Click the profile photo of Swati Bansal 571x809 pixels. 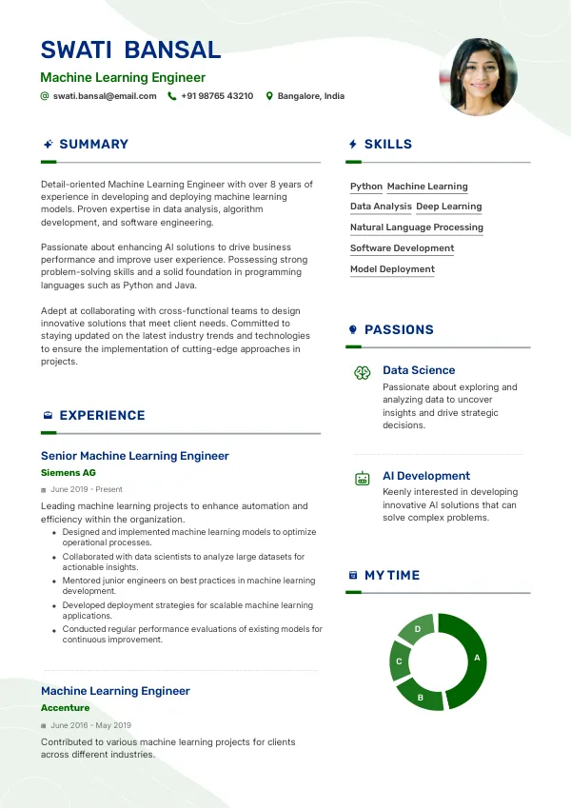pos(478,77)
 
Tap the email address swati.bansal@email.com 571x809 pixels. pos(105,96)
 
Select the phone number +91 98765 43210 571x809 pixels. pos(217,96)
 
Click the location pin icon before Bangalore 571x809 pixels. pos(269,96)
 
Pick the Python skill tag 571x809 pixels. pos(366,187)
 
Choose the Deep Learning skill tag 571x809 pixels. pos(449,207)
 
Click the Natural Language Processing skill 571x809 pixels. pos(417,227)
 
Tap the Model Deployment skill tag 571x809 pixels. pos(392,269)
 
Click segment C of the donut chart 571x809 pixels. pos(400,661)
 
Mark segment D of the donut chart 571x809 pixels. pos(417,629)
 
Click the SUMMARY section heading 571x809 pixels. pos(93,144)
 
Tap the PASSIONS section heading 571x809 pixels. pos(399,329)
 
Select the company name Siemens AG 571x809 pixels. pos(69,472)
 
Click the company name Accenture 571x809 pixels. pos(66,708)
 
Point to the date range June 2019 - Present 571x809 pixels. pos(87,489)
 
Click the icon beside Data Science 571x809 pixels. pos(362,373)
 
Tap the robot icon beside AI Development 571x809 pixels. pos(362,479)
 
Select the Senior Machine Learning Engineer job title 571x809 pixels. pos(135,456)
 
